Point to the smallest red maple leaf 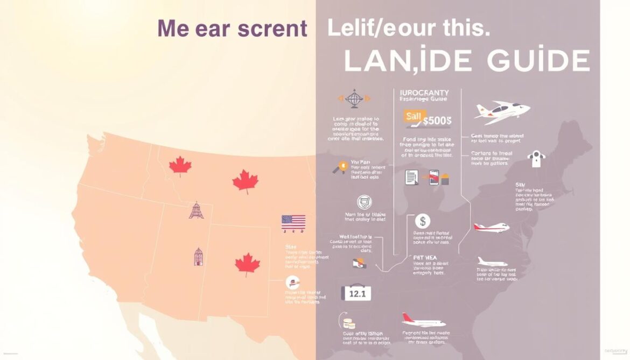[x=180, y=166]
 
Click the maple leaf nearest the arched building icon [x=247, y=264]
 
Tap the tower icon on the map [x=196, y=210]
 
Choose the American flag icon [x=293, y=222]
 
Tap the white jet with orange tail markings [x=502, y=110]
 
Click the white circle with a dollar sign [x=423, y=221]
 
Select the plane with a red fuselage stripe [x=491, y=227]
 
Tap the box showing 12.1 [x=356, y=293]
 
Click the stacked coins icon [x=349, y=323]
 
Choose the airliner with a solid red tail [x=423, y=321]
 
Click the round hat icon [x=292, y=283]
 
